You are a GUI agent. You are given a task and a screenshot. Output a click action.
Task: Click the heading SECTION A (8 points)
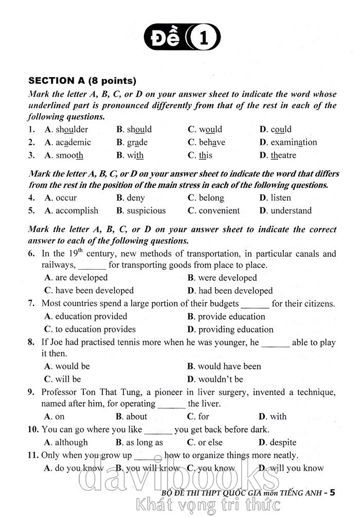[82, 81]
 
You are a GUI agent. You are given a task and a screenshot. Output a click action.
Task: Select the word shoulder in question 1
[71, 130]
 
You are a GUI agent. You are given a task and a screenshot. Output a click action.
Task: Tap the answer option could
[281, 130]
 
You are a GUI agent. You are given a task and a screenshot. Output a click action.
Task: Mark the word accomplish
[77, 210]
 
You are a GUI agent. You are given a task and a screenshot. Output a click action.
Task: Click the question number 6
[31, 254]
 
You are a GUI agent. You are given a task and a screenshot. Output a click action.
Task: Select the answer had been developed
[235, 291]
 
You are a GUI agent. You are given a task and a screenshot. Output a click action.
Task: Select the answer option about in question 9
[136, 417]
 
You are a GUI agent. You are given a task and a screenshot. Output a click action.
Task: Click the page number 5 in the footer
[332, 492]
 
